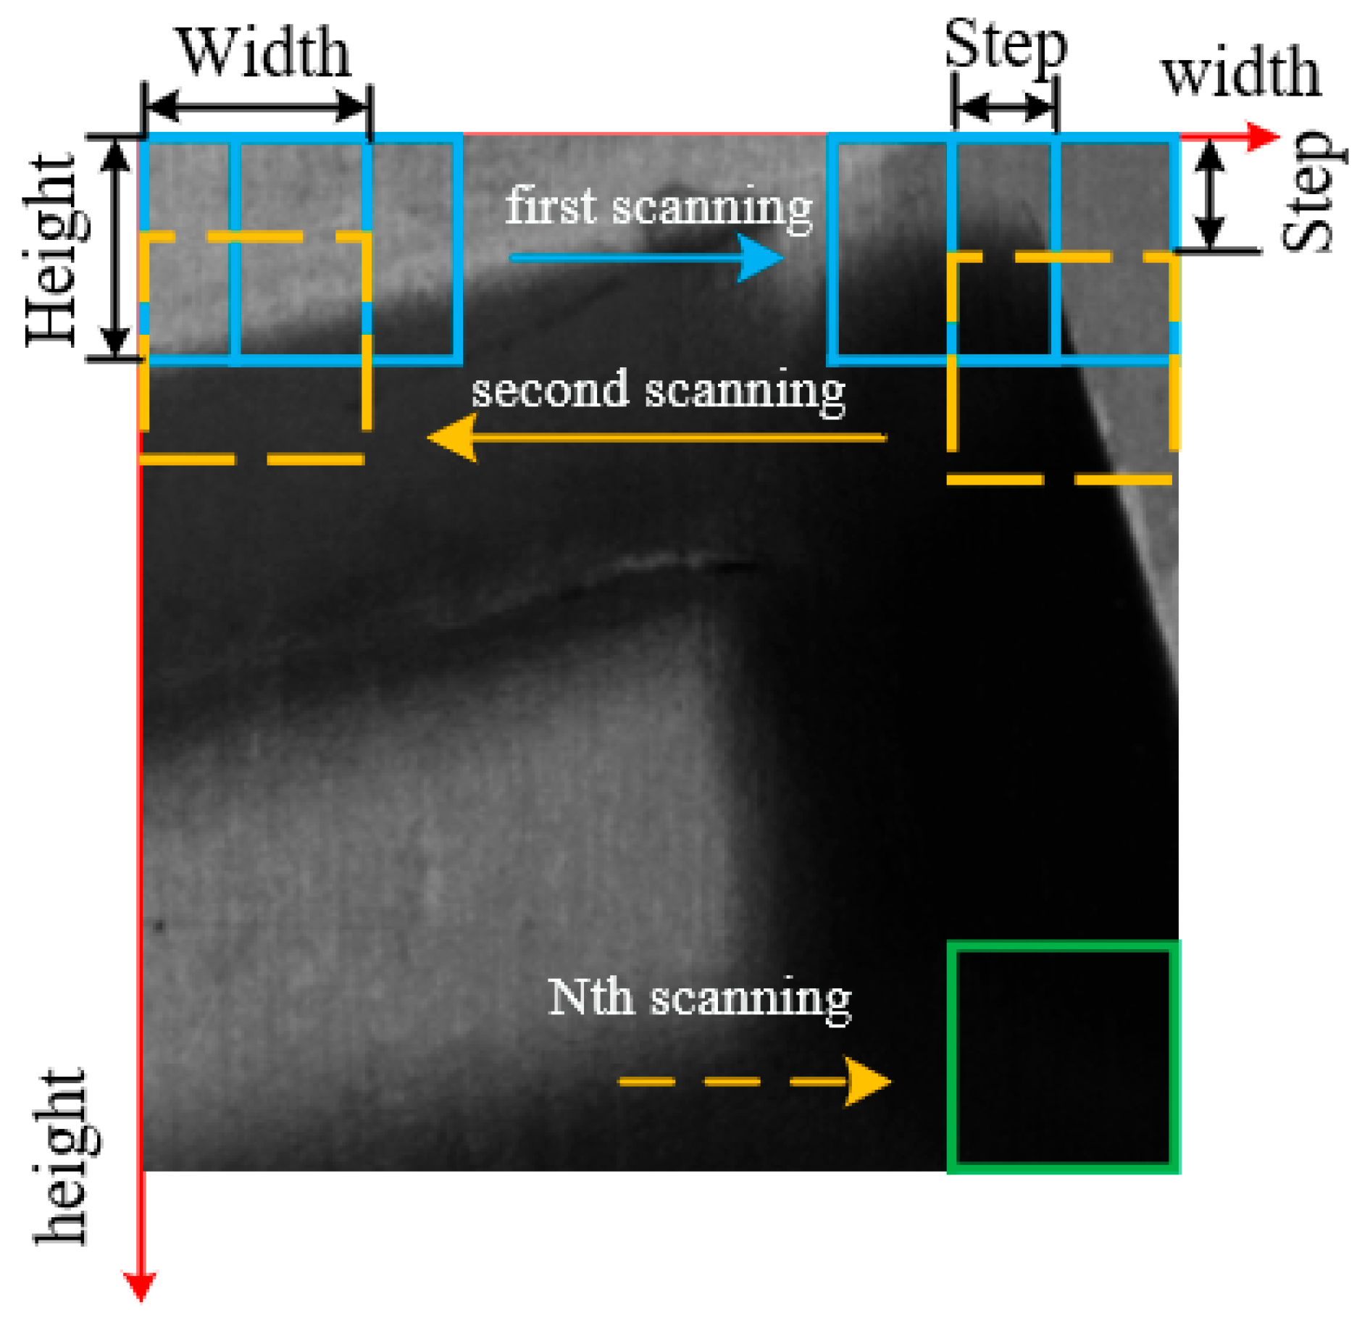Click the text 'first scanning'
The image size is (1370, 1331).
coord(658,207)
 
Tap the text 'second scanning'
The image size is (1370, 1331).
coord(658,391)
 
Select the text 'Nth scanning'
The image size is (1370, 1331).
coord(698,999)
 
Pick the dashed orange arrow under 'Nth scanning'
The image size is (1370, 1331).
coord(753,1082)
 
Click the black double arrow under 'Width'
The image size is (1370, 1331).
coord(257,107)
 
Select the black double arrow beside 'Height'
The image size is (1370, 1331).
coord(115,246)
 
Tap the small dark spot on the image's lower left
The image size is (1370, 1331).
coord(159,925)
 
